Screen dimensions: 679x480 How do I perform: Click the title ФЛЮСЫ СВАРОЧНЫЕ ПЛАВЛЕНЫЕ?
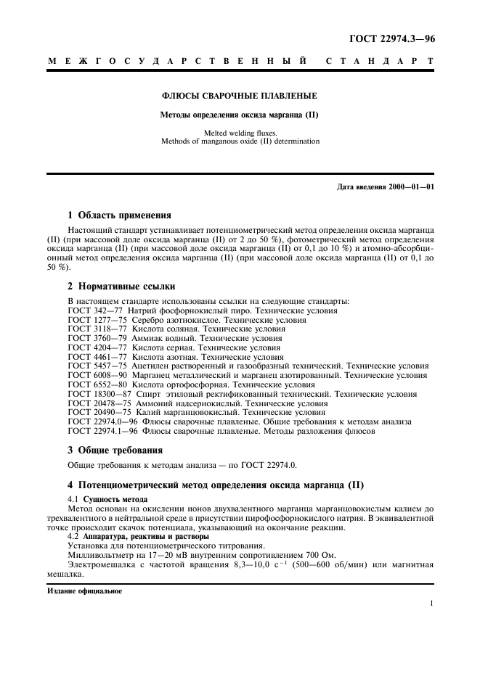pyautogui.click(x=239, y=96)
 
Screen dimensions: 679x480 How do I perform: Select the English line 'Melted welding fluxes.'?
pyautogui.click(x=240, y=133)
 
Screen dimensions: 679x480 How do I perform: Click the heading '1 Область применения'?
pyautogui.click(x=119, y=215)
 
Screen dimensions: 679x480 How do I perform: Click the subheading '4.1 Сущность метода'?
pyautogui.click(x=107, y=499)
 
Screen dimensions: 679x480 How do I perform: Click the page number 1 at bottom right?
pyautogui.click(x=431, y=604)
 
